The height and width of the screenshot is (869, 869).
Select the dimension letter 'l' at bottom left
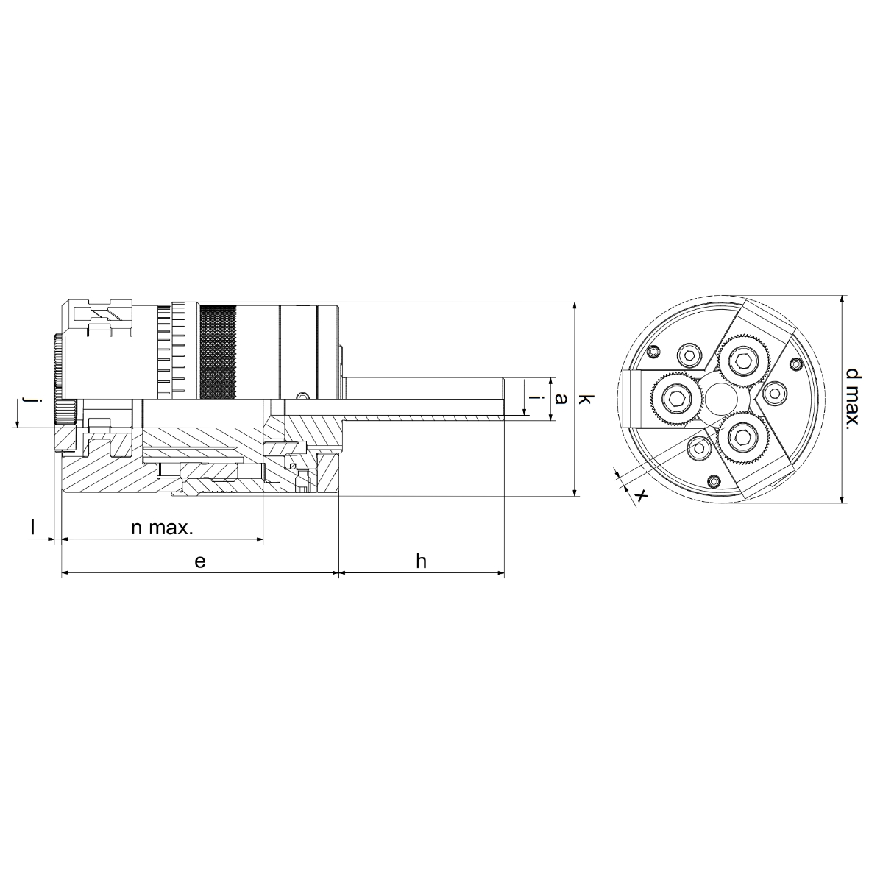pyautogui.click(x=32, y=528)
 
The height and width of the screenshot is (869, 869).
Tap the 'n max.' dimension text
pyautogui.click(x=163, y=528)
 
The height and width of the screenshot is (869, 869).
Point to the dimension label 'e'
pyautogui.click(x=200, y=561)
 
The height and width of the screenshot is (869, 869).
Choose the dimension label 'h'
pyautogui.click(x=421, y=561)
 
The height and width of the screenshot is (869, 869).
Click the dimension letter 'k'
pyautogui.click(x=585, y=399)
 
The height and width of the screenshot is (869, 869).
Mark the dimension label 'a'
pyautogui.click(x=561, y=399)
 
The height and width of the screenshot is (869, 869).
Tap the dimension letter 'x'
pyautogui.click(x=641, y=495)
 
